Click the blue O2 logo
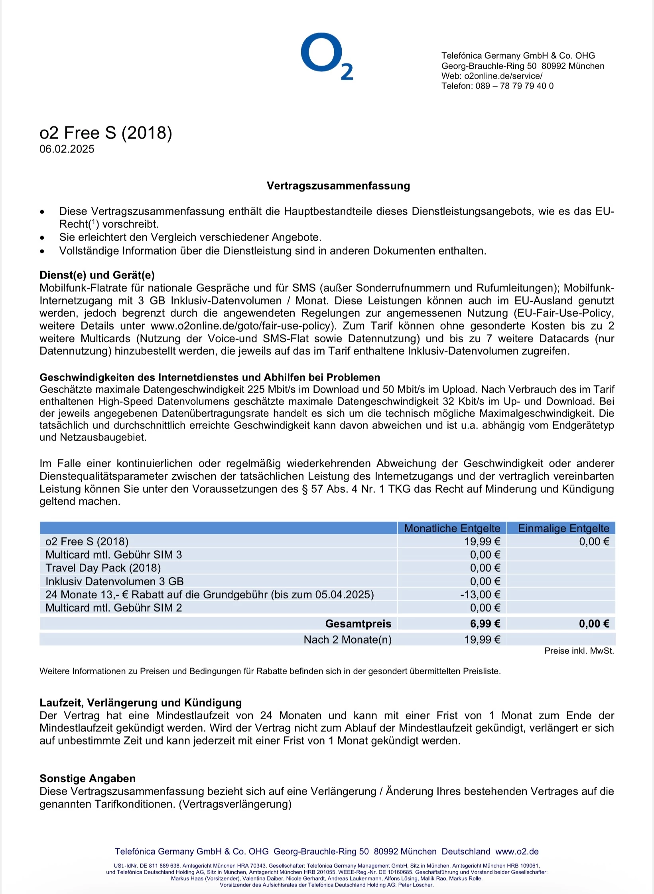tap(326, 56)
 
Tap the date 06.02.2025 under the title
tap(67, 149)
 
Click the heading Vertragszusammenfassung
tap(338, 186)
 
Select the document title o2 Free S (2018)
tap(106, 133)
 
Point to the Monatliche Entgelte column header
tap(452, 528)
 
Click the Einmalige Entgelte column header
tap(563, 528)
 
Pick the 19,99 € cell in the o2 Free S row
tap(482, 541)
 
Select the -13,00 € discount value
tap(480, 594)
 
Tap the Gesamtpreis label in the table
tap(358, 624)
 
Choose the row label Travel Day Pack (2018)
tap(103, 568)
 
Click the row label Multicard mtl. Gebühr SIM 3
tap(114, 555)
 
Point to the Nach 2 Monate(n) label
tap(347, 639)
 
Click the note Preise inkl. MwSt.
tap(579, 651)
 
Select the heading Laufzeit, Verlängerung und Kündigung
tap(141, 703)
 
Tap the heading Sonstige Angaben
tap(88, 778)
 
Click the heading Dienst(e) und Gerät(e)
tap(97, 275)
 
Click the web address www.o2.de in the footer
tap(517, 851)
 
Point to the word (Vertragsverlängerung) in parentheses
tap(235, 804)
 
